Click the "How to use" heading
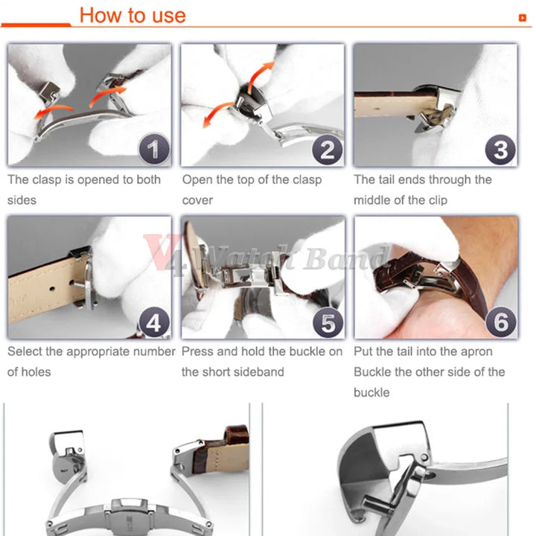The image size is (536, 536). (133, 16)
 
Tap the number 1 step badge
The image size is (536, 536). (154, 149)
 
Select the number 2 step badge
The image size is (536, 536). (327, 150)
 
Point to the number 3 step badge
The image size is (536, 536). (500, 150)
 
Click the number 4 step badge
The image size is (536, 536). (154, 322)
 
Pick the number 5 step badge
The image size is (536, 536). (328, 322)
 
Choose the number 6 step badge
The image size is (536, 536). (501, 322)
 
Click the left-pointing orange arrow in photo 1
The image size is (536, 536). (53, 112)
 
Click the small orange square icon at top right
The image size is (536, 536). (523, 17)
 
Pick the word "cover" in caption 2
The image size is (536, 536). (197, 200)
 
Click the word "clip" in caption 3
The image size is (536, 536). (438, 200)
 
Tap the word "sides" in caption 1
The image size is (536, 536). (22, 200)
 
